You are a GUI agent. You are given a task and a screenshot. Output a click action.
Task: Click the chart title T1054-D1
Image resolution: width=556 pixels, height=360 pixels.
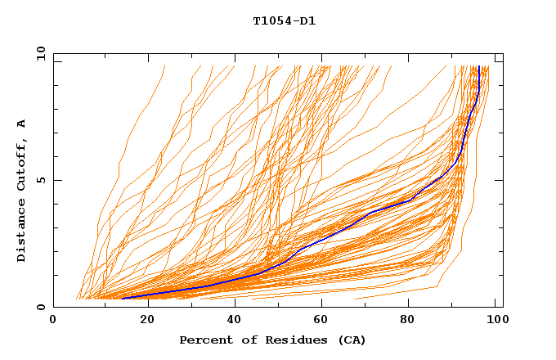point(284,21)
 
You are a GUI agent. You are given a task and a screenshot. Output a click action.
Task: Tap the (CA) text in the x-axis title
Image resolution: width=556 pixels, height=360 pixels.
point(350,340)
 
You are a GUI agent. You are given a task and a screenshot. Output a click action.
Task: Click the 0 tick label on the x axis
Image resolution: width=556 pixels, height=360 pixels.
point(53,320)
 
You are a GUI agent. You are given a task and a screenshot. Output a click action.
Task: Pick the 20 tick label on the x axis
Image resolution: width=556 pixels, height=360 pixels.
point(143,320)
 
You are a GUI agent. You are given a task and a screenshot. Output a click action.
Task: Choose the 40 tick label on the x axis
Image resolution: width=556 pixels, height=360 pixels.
point(233,320)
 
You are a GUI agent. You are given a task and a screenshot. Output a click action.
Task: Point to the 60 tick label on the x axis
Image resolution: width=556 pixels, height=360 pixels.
point(323,320)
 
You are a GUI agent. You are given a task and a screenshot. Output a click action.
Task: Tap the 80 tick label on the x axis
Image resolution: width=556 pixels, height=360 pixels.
point(413,320)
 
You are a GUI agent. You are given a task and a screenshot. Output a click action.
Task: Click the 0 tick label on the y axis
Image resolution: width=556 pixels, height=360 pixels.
point(41,307)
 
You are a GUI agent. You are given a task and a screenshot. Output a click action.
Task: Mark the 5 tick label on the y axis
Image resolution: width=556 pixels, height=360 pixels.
point(41,180)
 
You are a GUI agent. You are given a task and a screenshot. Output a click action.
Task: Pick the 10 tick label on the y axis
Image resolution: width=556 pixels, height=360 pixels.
point(39,53)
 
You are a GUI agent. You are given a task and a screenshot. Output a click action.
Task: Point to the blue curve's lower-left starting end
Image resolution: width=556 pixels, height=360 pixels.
point(123,298)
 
